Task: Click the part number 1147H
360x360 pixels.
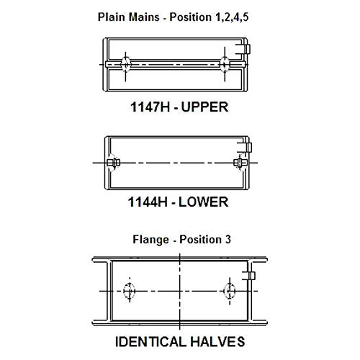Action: (x=150, y=107)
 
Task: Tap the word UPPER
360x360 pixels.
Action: (x=204, y=107)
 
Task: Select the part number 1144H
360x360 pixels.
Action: (x=148, y=202)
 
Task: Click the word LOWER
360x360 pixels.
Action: (x=203, y=202)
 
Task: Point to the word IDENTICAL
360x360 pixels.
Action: (x=150, y=341)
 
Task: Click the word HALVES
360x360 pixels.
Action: (x=217, y=341)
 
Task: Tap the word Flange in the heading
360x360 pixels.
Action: (x=150, y=240)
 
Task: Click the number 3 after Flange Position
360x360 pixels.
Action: (x=228, y=239)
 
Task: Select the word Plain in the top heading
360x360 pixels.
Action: (x=112, y=17)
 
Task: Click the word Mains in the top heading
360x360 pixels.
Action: (x=144, y=17)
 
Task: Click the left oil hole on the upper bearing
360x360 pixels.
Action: (x=125, y=64)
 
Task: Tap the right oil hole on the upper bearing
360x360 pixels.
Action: (x=225, y=64)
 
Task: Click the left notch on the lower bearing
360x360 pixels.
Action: (x=114, y=163)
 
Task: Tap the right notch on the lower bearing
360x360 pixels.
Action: (x=240, y=163)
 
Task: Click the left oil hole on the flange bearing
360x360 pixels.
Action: (x=130, y=291)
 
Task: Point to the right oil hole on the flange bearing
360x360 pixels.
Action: (x=230, y=291)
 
